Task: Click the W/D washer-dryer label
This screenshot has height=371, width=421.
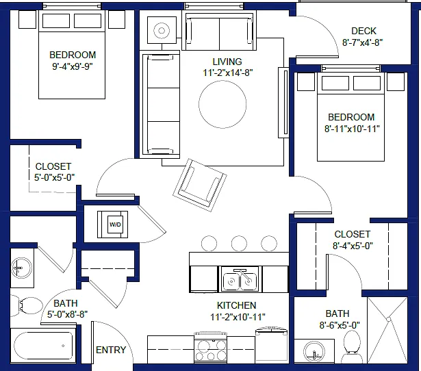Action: coord(115,225)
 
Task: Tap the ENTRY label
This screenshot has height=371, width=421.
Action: coord(111,350)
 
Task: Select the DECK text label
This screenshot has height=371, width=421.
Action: coord(363,31)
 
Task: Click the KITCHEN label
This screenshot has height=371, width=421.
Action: coord(237,305)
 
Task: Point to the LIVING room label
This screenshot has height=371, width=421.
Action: coord(227,62)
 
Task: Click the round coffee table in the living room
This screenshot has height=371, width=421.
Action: coord(222,104)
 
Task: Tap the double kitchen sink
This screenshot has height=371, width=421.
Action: coord(240,281)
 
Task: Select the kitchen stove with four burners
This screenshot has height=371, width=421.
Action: coord(211,347)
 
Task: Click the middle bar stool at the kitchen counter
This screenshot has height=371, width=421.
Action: coord(239,244)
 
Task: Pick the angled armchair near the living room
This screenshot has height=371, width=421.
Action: coord(199,185)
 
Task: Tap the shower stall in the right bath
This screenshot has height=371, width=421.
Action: coord(387,330)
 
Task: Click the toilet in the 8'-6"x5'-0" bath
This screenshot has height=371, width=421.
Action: coord(352,347)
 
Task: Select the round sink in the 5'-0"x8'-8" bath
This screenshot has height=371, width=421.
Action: coord(21,268)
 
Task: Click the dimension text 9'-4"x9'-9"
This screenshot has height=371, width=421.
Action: coord(73,66)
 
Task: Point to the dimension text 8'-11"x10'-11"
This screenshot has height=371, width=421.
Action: coord(352,129)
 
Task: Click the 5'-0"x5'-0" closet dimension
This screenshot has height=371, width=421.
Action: coord(54,177)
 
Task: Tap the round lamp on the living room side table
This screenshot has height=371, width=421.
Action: coord(162,30)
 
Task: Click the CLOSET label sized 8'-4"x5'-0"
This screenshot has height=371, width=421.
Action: coord(353,234)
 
